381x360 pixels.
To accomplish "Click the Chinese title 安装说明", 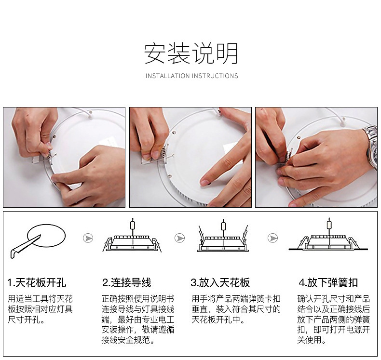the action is click(191, 53).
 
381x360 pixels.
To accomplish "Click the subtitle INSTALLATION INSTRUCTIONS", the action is click(192, 76).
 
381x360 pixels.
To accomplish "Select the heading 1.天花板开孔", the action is click(37, 283).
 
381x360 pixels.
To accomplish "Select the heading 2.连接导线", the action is click(126, 283).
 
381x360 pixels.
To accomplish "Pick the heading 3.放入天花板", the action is click(220, 283).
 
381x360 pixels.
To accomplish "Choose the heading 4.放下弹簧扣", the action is click(328, 283).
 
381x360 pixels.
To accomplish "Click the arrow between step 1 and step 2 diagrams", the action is click(88, 238).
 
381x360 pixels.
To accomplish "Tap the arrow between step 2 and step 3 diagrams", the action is click(179, 238).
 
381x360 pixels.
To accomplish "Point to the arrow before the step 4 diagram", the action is click(272, 238).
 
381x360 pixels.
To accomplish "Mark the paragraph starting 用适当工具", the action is click(41, 309).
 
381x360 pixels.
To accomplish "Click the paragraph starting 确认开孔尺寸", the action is click(334, 319).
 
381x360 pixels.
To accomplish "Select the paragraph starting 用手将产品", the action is click(236, 309).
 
